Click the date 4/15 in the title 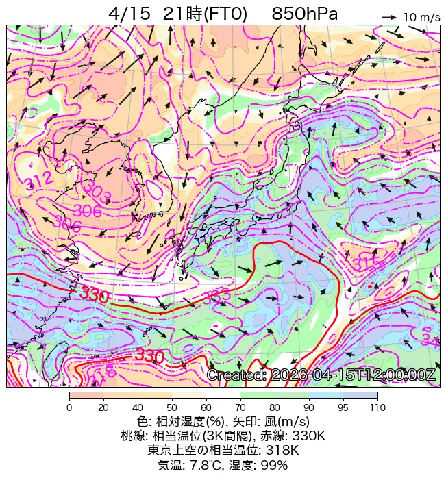point(129,14)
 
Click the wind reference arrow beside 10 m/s point(389,17)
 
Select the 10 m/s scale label point(421,18)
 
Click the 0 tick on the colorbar point(69,407)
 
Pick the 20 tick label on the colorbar point(103,407)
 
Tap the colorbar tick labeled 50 point(172,407)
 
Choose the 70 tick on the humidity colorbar point(240,407)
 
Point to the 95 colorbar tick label point(343,407)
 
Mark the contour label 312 point(37,181)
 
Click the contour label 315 point(367,262)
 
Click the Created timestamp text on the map point(321,375)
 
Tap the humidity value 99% point(272,465)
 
